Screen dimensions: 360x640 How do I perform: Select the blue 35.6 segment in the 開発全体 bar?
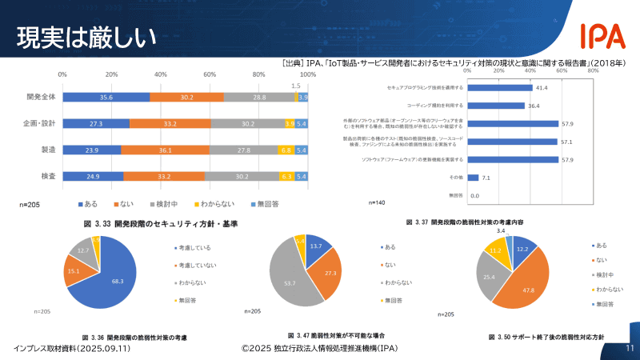point(106,97)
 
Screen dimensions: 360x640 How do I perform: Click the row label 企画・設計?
point(41,123)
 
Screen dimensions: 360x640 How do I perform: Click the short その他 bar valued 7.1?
point(472,178)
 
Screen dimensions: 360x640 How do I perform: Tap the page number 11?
point(630,348)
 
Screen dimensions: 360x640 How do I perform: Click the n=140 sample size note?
point(399,203)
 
